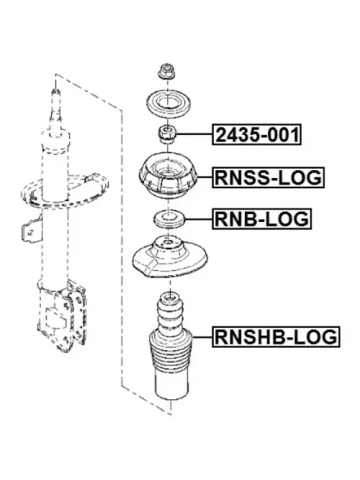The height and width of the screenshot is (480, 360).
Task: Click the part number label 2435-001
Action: (x=257, y=135)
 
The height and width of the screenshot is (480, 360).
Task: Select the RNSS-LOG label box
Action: (x=268, y=177)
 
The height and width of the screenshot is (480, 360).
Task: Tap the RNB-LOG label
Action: (x=262, y=219)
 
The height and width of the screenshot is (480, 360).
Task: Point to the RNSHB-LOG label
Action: (x=276, y=336)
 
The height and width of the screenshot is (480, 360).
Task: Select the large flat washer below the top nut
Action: (x=168, y=104)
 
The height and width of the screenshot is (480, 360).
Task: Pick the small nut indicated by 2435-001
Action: (x=167, y=135)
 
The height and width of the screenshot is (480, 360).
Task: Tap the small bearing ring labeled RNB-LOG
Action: (x=168, y=220)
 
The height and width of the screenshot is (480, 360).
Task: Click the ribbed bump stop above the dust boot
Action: (x=170, y=310)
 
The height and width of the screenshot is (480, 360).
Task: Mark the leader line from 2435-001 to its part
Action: (x=195, y=135)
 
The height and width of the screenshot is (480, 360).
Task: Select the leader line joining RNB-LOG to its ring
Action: (x=198, y=219)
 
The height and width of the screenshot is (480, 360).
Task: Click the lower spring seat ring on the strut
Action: (x=64, y=190)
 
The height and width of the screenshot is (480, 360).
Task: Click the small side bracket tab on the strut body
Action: (x=31, y=230)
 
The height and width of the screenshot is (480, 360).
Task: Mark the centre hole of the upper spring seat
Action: (x=167, y=243)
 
